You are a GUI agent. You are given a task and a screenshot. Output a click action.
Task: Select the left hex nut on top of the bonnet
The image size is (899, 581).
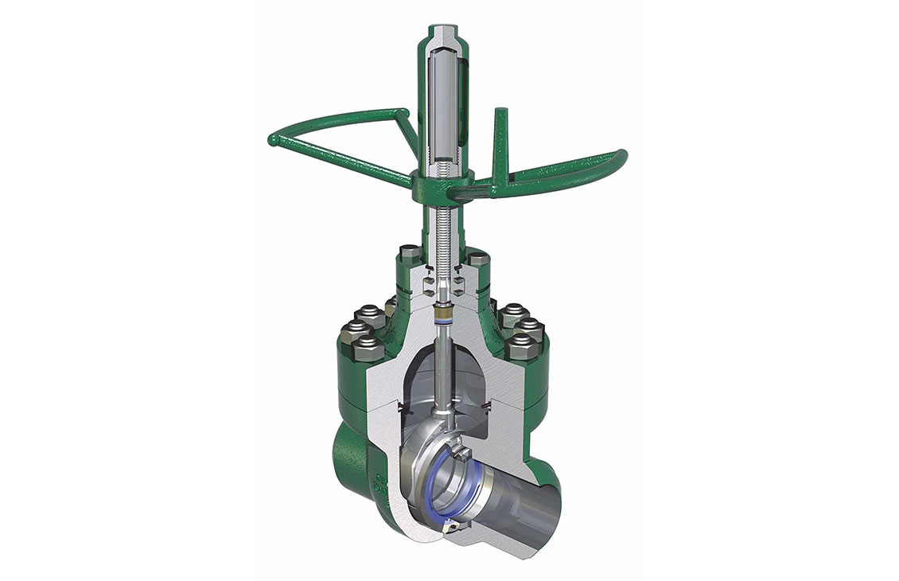[x=406, y=255]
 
